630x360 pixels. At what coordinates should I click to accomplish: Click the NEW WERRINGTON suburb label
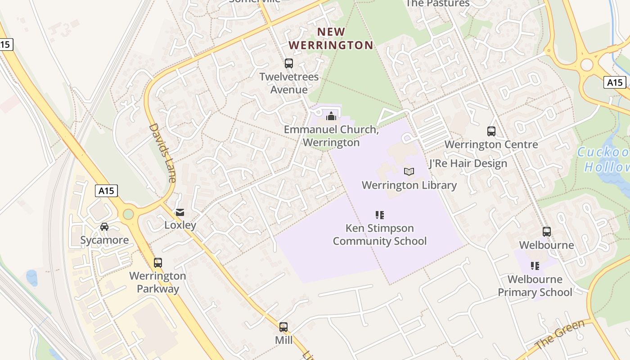(331, 38)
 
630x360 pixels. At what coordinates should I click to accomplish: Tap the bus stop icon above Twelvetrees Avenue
(289, 63)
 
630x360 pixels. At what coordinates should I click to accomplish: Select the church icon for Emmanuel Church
(331, 116)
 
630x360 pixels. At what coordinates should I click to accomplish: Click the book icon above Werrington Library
(409, 171)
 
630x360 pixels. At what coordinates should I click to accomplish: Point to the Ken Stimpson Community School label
(380, 234)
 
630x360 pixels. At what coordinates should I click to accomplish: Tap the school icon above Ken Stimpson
(380, 215)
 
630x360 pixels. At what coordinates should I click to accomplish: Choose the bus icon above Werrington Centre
(491, 131)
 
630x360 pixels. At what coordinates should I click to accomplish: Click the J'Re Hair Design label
(468, 163)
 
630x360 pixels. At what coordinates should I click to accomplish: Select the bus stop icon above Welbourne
(547, 232)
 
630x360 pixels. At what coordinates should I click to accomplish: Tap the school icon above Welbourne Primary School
(535, 266)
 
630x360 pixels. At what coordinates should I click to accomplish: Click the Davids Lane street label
(162, 153)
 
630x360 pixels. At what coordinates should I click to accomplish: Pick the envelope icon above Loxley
(180, 212)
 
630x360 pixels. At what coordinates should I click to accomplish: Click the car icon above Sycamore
(104, 227)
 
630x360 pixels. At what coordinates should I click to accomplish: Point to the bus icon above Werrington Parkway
(158, 263)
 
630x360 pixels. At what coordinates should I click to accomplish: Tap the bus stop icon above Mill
(283, 327)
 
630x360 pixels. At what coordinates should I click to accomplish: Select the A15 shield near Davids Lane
(107, 191)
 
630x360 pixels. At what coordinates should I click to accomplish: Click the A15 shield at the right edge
(614, 82)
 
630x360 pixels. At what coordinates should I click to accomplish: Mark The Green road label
(560, 334)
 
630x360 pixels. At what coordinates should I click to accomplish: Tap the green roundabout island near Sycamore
(129, 214)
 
